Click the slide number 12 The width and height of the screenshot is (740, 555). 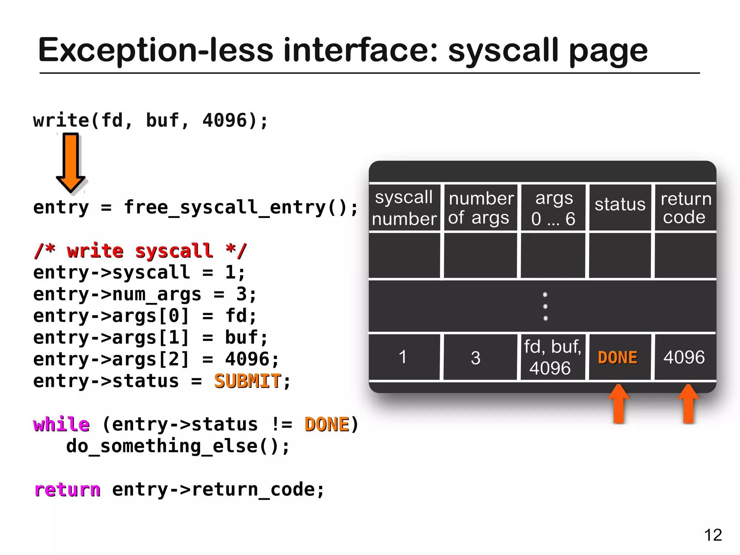(x=713, y=535)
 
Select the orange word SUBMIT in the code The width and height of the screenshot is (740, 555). (x=248, y=381)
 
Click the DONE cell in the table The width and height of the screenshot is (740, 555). (x=618, y=357)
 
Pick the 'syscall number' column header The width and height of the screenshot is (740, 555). (x=404, y=208)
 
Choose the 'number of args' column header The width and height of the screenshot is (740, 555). (x=480, y=208)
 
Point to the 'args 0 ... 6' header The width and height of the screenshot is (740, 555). (x=553, y=208)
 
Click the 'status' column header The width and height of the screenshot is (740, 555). (x=620, y=205)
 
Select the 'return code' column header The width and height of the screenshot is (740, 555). (x=685, y=208)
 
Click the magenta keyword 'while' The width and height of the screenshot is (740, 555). (x=61, y=424)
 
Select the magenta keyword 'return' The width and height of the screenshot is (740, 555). (x=68, y=490)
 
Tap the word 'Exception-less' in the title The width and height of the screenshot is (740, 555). (x=155, y=51)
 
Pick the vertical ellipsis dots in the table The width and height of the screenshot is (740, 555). (x=545, y=306)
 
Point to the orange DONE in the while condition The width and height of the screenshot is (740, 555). (x=327, y=424)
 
